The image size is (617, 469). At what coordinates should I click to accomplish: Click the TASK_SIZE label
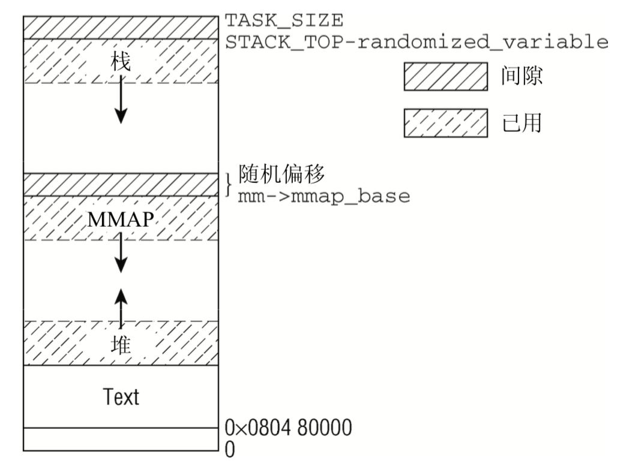pyautogui.click(x=284, y=21)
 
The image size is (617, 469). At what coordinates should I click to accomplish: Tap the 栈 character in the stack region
pyautogui.click(x=121, y=62)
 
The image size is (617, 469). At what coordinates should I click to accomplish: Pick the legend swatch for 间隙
pyautogui.click(x=445, y=78)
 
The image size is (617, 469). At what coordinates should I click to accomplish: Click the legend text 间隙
pyautogui.click(x=522, y=78)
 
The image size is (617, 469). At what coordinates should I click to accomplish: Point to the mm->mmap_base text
pyautogui.click(x=324, y=196)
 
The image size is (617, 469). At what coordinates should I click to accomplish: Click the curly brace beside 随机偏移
pyautogui.click(x=228, y=185)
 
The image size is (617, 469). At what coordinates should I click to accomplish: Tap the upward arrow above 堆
pyautogui.click(x=121, y=306)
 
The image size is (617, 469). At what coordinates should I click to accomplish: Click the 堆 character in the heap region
pyautogui.click(x=121, y=345)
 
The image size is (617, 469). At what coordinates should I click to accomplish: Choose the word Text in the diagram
pyautogui.click(x=121, y=396)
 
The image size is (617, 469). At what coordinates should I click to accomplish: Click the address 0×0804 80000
pyautogui.click(x=288, y=428)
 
